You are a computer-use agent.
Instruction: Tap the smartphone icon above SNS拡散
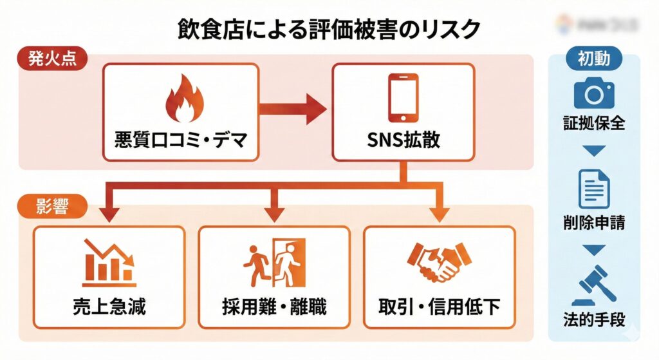pos(403,98)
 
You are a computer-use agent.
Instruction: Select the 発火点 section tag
pos(52,58)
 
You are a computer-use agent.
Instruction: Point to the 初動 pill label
pos(593,59)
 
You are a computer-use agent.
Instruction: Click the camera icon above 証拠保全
pos(593,95)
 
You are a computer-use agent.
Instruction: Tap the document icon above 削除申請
pos(593,188)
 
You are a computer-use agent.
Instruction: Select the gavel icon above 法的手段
pos(594,284)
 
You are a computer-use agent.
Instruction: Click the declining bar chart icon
pos(109,263)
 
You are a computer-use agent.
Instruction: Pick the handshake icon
pos(440,263)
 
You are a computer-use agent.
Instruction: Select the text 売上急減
pos(109,307)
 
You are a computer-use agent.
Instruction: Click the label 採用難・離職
pos(275,307)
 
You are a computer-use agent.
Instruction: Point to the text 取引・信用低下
pos(440,307)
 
